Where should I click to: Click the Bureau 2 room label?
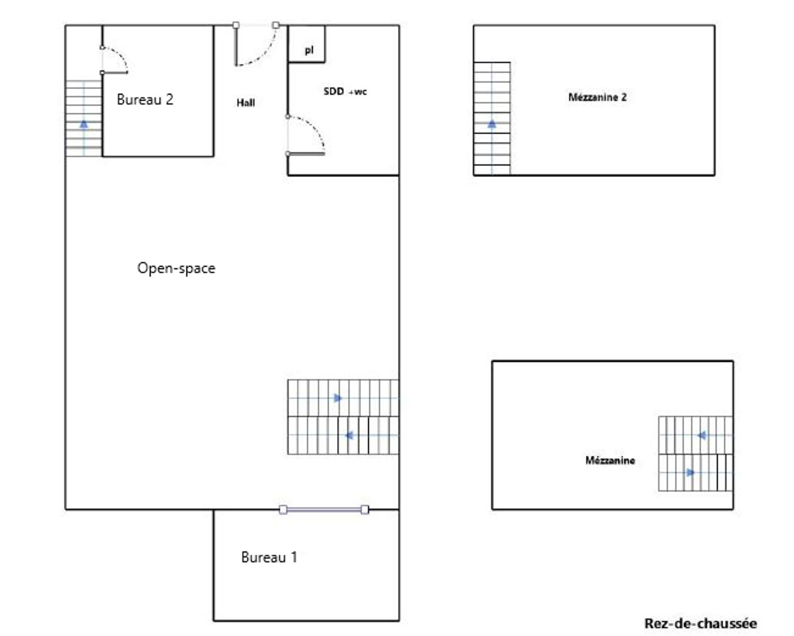[145, 100]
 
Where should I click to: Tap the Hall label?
[245, 102]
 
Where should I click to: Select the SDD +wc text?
[345, 91]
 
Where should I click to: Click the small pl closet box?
[307, 44]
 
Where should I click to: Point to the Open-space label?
[177, 269]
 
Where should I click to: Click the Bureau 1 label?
[269, 557]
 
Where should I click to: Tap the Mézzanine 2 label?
[597, 97]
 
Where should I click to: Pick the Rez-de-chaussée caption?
[700, 624]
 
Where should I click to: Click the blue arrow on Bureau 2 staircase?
[84, 124]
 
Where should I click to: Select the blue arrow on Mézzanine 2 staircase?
[492, 124]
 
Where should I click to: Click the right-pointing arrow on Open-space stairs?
[338, 398]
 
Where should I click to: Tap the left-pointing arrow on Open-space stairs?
[348, 436]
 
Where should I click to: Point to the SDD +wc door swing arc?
[314, 126]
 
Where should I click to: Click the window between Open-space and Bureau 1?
[324, 510]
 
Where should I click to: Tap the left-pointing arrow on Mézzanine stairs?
[702, 436]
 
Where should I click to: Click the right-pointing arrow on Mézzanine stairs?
[690, 472]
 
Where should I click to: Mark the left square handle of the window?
[283, 510]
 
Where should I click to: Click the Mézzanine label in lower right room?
[610, 461]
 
